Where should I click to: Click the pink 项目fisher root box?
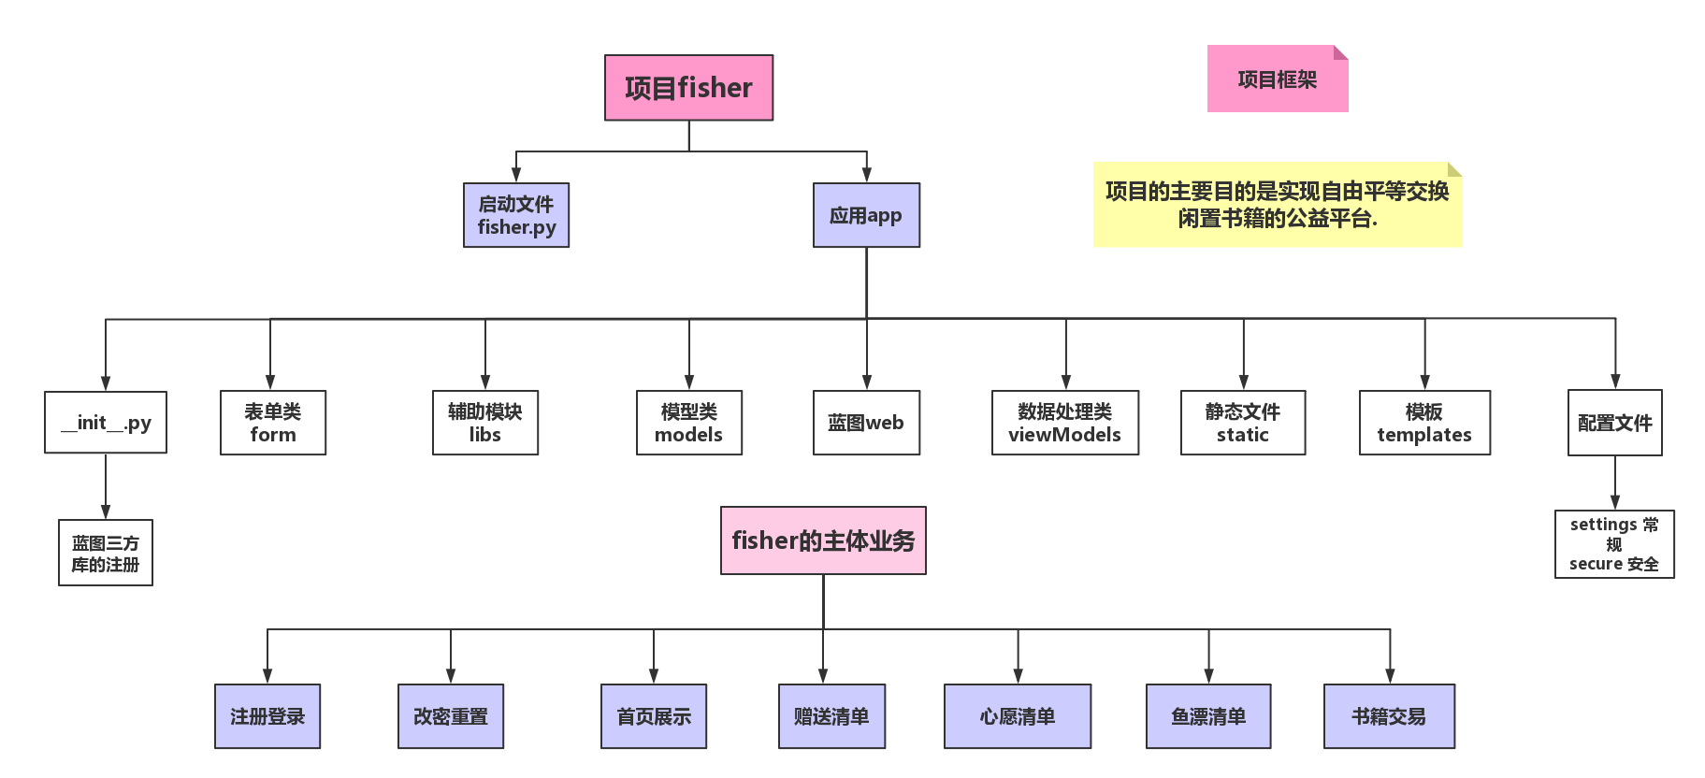pos(688,88)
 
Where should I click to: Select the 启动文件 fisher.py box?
pos(516,215)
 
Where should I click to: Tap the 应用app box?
pos(866,215)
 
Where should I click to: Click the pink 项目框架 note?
pos(1277,79)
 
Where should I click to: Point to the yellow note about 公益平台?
pos(1277,205)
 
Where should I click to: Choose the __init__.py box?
pos(106,423)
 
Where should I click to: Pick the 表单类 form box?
pos(273,423)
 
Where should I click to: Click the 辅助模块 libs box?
pos(485,423)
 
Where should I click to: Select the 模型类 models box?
pos(689,423)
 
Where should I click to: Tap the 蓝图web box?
pos(866,423)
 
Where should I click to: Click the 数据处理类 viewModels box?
pos(1065,423)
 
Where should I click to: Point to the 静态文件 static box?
pos(1243,423)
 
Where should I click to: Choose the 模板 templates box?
pos(1424,423)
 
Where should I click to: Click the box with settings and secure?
pos(1614,544)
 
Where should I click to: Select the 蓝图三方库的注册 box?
pos(106,553)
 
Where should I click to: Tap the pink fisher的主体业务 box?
pos(823,540)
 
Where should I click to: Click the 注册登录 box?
pos(267,716)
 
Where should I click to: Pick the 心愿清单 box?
pos(1018,716)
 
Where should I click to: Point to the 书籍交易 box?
pos(1389,716)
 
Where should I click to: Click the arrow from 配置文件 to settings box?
pos(1615,483)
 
